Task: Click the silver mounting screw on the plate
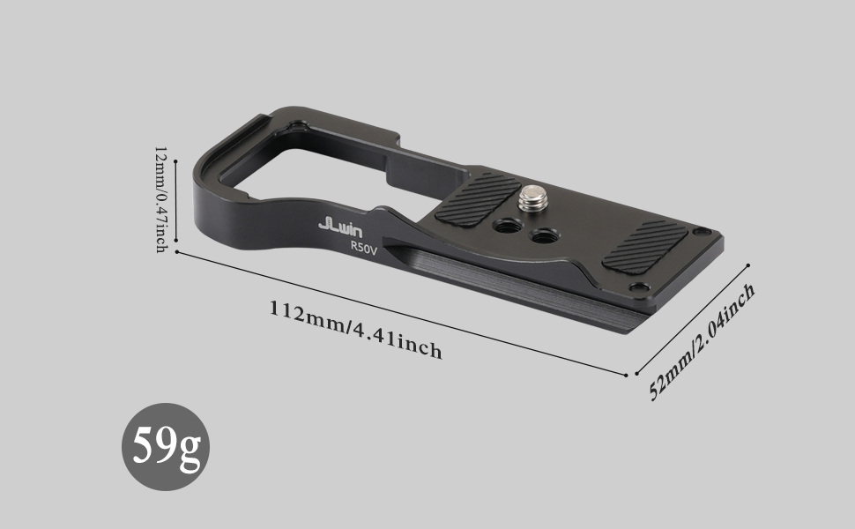[533, 198]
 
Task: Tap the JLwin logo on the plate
[340, 226]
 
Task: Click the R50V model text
[364, 248]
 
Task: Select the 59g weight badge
[165, 447]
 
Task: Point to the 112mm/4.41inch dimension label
[355, 330]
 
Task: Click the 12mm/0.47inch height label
[160, 199]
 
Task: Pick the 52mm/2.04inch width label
[703, 342]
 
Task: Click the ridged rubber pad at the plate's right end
[645, 247]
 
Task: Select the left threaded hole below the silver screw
[507, 225]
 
